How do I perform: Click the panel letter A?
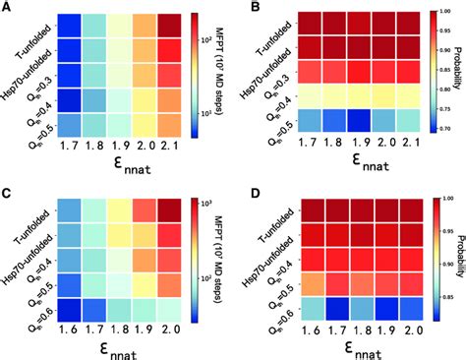click(7, 8)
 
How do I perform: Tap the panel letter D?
click(239, 191)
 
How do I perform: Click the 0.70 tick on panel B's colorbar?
click(445, 129)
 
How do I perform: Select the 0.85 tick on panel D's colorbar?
click(445, 292)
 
